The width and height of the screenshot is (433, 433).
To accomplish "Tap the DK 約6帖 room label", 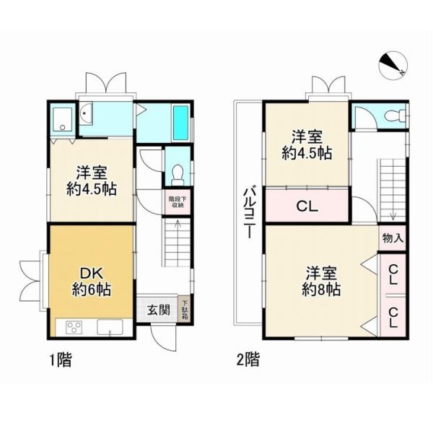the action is click(92, 281).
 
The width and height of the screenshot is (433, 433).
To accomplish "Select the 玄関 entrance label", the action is click(158, 310).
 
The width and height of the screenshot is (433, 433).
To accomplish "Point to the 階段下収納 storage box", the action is click(178, 202).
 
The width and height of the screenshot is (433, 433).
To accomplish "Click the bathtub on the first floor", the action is click(180, 123).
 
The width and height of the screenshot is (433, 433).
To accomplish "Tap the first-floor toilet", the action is click(178, 175).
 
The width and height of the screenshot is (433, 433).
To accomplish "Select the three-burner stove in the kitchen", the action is click(74, 327).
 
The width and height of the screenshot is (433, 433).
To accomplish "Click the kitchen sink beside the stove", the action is click(110, 327).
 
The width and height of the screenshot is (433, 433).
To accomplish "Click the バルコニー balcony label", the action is click(249, 213).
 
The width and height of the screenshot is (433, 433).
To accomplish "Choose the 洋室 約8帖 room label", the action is click(321, 281).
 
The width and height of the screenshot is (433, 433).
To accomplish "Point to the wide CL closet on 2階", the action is click(307, 205).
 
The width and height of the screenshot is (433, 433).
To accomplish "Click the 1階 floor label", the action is click(61, 360).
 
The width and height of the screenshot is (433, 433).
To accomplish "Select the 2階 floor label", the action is click(248, 360).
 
